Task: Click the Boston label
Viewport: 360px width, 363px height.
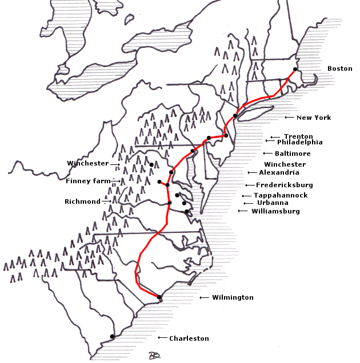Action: click(x=339, y=68)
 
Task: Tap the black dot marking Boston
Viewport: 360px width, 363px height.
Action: click(x=295, y=70)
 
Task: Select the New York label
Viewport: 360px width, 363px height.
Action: click(x=313, y=118)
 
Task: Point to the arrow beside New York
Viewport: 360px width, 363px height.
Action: click(x=290, y=118)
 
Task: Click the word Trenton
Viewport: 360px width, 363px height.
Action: click(x=298, y=136)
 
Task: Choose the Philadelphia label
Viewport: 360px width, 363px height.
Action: click(x=299, y=142)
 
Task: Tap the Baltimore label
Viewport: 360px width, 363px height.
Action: click(x=293, y=154)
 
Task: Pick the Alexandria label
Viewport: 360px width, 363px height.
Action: click(x=279, y=172)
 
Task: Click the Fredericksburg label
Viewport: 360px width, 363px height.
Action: click(x=284, y=185)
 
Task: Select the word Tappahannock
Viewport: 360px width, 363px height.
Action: click(x=281, y=195)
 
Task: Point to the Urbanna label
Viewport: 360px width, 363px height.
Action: click(x=273, y=203)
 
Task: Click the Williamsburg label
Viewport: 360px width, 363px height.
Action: click(x=275, y=211)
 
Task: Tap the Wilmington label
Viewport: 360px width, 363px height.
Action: click(x=233, y=297)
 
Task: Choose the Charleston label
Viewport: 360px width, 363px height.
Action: click(x=189, y=338)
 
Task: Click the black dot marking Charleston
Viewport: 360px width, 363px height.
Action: click(x=112, y=337)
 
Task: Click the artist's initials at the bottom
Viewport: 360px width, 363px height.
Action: click(x=153, y=356)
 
